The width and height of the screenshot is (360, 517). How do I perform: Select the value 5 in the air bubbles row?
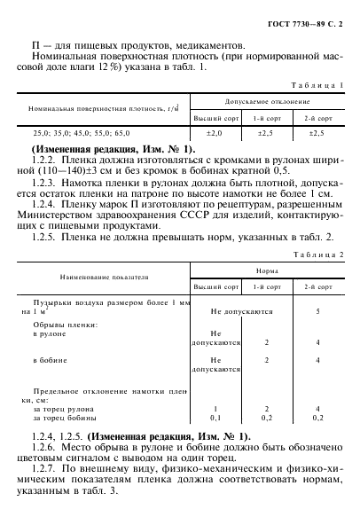click(x=317, y=312)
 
